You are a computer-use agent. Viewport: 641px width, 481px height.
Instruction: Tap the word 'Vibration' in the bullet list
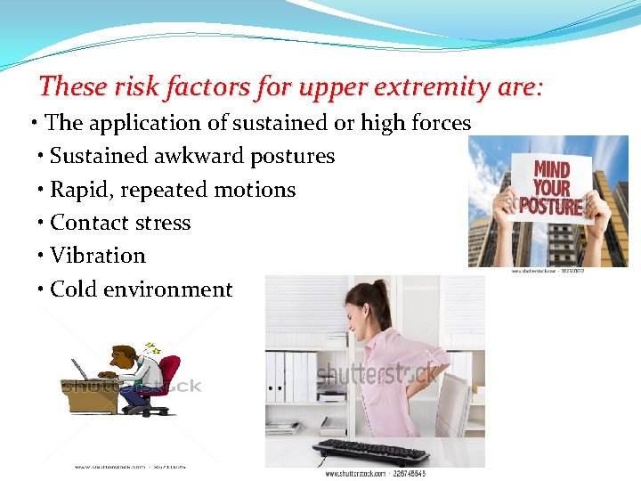click(98, 256)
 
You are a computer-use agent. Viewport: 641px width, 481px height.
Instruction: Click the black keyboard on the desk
click(370, 451)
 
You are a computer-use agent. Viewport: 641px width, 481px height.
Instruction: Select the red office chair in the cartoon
click(161, 379)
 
